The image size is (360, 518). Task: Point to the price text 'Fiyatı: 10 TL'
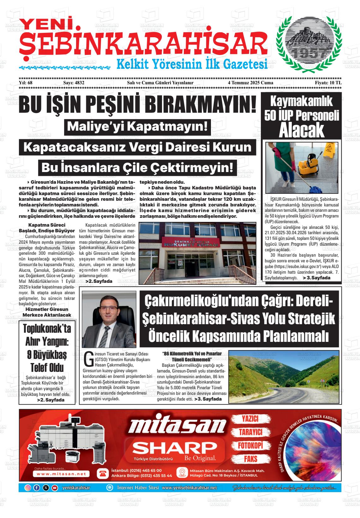pyautogui.click(x=328, y=83)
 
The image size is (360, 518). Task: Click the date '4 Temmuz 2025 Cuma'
pyautogui.click(x=250, y=83)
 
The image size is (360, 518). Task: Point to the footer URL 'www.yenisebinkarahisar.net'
pyautogui.click(x=189, y=488)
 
